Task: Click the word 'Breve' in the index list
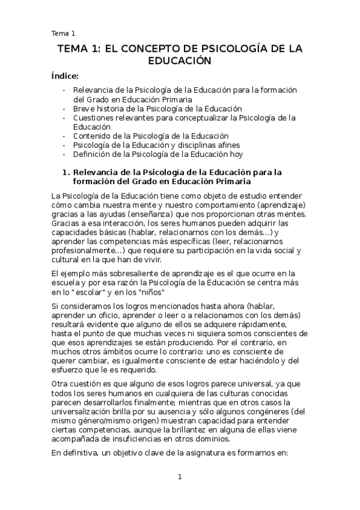click(85, 109)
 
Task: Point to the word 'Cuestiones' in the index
click(96, 118)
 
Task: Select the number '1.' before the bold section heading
click(67, 172)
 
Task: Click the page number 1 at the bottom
click(179, 478)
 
